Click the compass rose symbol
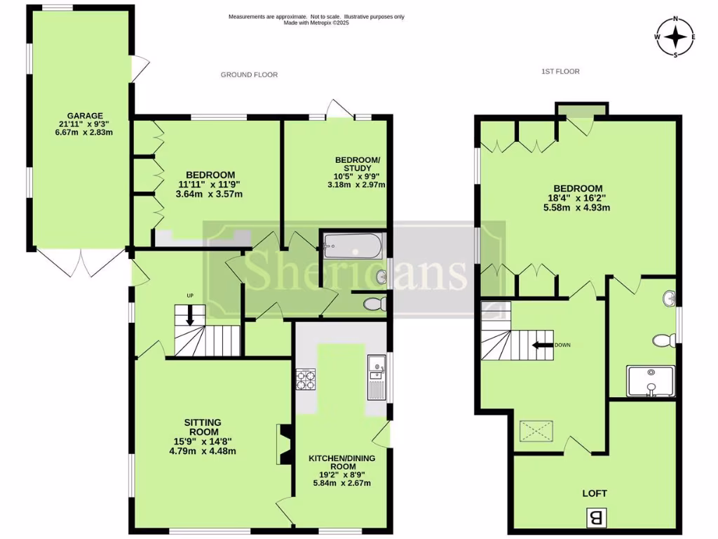(x=675, y=37)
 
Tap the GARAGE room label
(x=85, y=116)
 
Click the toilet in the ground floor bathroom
(x=376, y=303)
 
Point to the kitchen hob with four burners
(x=306, y=379)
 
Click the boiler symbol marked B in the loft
(x=597, y=519)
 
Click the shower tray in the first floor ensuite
(x=651, y=381)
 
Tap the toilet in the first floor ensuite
(x=663, y=340)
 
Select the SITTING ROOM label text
(x=203, y=427)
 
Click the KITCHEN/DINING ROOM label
(x=342, y=463)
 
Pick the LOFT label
(x=595, y=493)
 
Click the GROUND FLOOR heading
(x=249, y=74)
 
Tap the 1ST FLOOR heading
(x=560, y=71)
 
